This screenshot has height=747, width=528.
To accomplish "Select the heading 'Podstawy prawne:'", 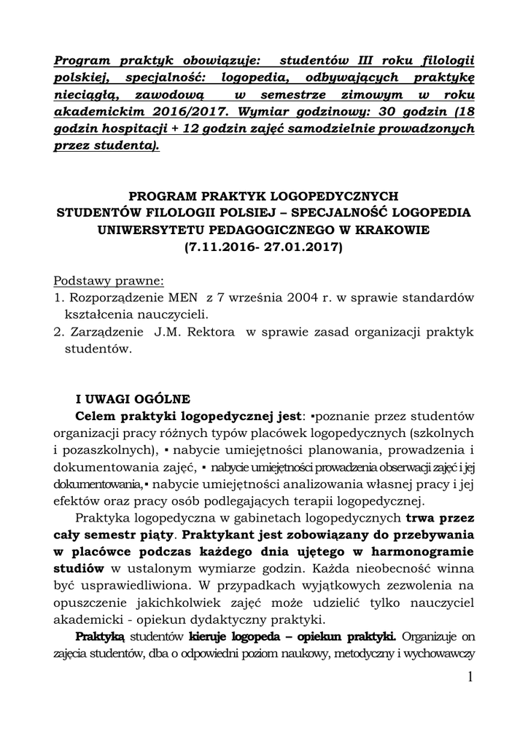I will [109, 282].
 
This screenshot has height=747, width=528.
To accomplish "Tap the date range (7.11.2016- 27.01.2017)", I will [264, 247].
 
